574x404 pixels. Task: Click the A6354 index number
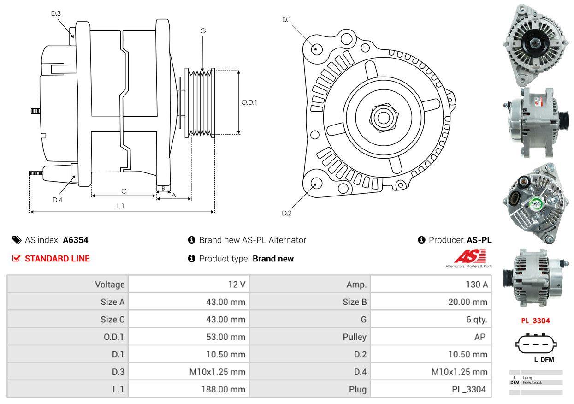click(x=75, y=240)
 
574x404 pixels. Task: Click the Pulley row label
click(x=355, y=337)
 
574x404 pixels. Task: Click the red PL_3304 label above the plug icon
click(x=535, y=321)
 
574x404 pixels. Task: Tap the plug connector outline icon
click(x=536, y=344)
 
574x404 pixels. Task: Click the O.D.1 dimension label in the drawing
click(x=249, y=102)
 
